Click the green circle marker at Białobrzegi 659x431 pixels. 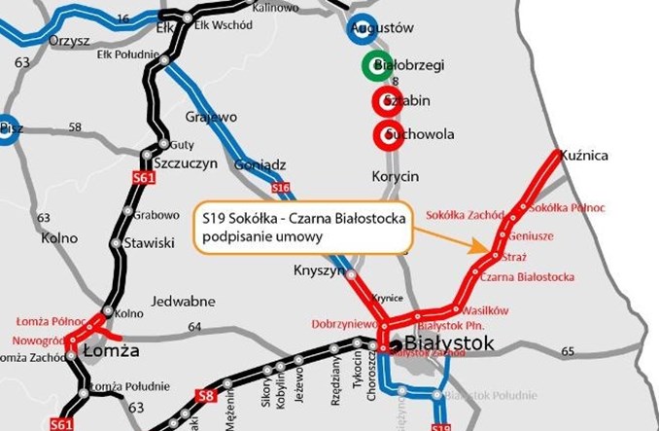pos(375,66)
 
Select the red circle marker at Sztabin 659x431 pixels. pos(384,101)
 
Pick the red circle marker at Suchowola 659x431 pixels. pos(384,133)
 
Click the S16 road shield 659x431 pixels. pos(280,186)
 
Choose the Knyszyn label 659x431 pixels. pos(314,271)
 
